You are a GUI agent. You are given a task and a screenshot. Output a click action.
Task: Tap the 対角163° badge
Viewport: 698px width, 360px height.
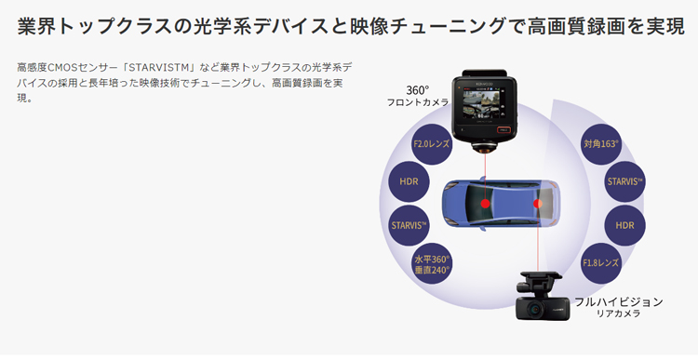(601, 145)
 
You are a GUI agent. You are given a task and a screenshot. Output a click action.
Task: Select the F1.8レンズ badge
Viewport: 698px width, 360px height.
(601, 262)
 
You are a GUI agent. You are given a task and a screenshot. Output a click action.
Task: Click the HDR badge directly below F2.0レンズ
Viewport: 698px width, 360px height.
(409, 180)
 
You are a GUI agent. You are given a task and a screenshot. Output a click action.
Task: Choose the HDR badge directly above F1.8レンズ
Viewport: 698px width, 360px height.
(624, 225)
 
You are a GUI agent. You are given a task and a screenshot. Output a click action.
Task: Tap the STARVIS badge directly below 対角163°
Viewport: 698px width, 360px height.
(624, 180)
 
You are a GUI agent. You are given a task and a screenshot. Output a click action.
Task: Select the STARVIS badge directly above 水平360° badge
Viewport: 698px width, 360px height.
(409, 224)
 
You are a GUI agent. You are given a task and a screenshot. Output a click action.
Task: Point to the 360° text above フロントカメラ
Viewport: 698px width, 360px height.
(417, 90)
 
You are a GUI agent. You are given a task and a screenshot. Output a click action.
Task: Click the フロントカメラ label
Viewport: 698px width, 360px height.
(418, 102)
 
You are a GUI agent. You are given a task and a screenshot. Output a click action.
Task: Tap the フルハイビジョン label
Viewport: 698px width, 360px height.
(618, 302)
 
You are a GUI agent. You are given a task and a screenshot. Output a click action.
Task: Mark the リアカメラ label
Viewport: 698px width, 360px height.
(617, 315)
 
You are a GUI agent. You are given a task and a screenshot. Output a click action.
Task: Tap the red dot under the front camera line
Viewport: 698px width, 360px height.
(485, 201)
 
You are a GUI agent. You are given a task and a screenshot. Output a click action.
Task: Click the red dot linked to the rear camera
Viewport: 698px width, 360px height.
(537, 202)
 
